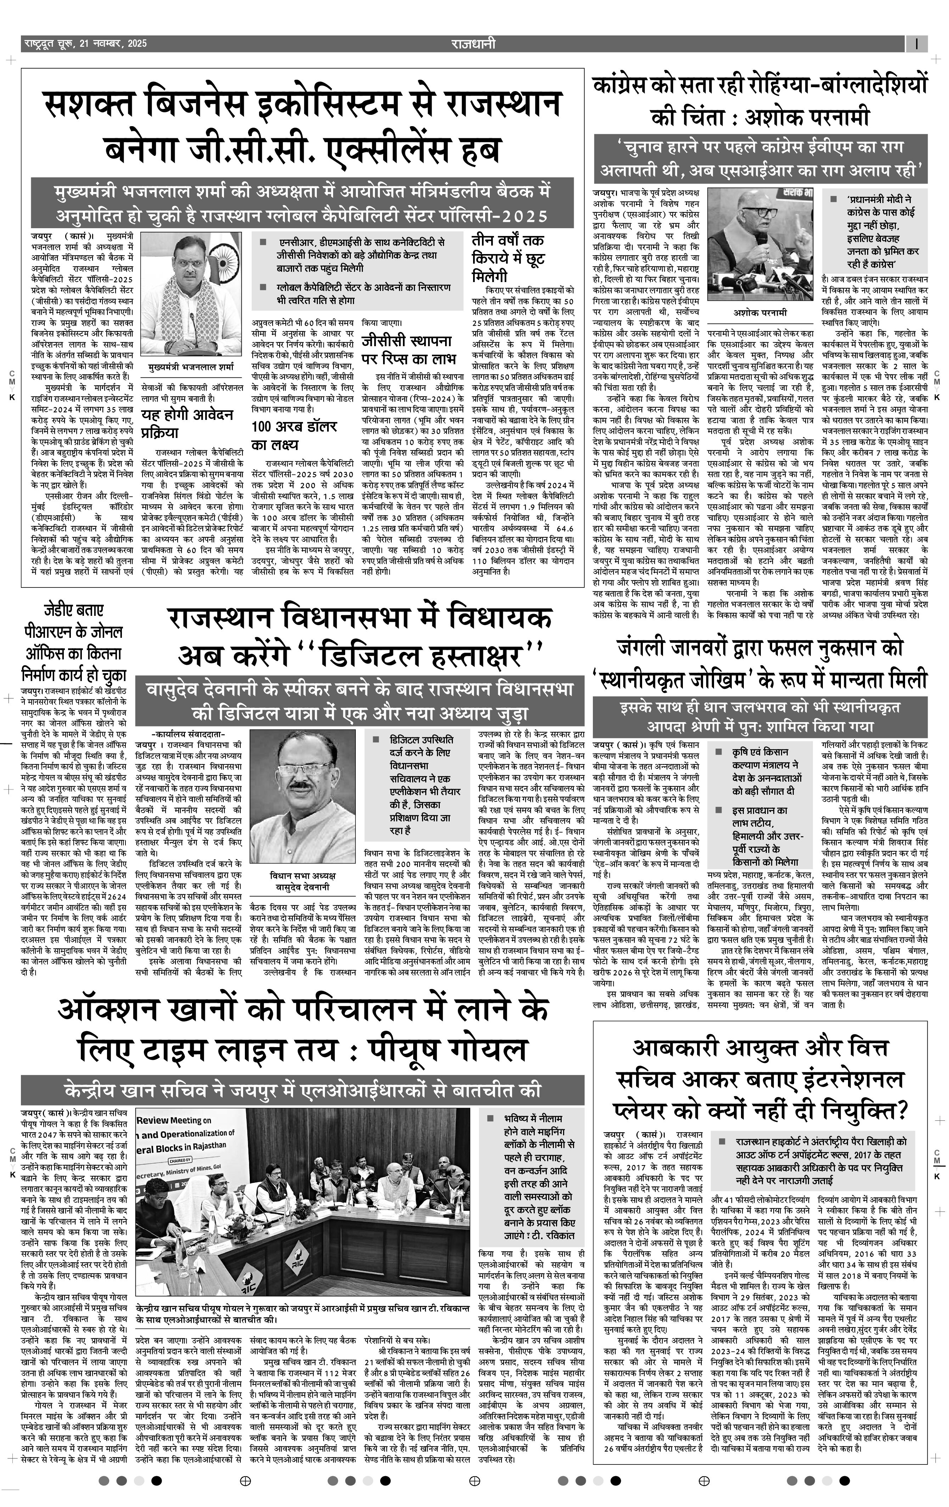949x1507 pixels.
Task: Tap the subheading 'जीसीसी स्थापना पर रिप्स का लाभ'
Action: click(x=406, y=350)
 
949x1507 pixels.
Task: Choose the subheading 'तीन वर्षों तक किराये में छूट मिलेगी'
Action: click(x=508, y=258)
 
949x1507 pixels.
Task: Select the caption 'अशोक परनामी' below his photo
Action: click(x=760, y=312)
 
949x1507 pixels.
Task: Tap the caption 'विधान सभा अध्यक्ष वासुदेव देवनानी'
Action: click(x=302, y=880)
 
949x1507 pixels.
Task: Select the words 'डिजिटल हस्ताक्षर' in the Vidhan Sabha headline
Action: click(x=422, y=655)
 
